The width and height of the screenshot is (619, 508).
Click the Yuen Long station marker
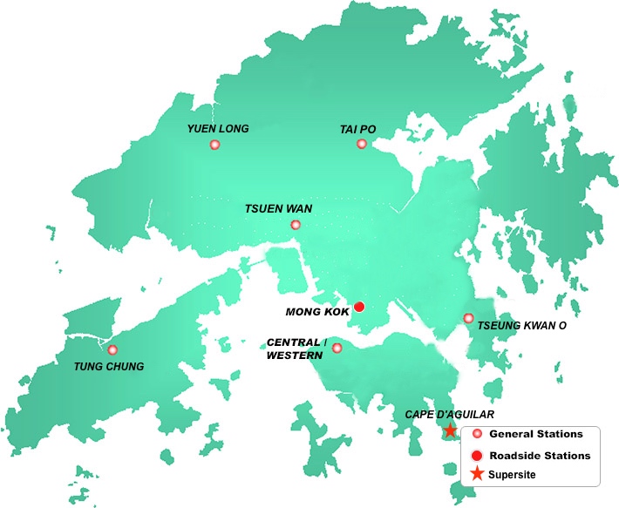214,145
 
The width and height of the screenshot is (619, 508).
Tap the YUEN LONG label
218,129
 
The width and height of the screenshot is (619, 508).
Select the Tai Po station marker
362,144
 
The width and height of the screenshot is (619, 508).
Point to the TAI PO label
357,130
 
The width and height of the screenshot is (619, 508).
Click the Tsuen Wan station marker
295,225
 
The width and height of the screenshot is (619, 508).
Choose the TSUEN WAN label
278,209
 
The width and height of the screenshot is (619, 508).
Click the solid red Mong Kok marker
358,307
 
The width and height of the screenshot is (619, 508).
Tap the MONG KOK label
318,311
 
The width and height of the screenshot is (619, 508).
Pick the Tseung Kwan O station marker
468,318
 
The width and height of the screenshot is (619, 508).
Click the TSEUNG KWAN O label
521,326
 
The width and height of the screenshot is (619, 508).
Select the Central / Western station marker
337,349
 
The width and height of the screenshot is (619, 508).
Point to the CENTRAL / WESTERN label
296,349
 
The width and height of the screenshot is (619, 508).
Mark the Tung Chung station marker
112,349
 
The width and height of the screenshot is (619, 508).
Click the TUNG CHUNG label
109,366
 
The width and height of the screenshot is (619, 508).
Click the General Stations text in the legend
536,434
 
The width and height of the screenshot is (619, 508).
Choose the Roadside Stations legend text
540,456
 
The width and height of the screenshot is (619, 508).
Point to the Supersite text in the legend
513,475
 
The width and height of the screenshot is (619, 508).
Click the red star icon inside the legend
477,474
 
